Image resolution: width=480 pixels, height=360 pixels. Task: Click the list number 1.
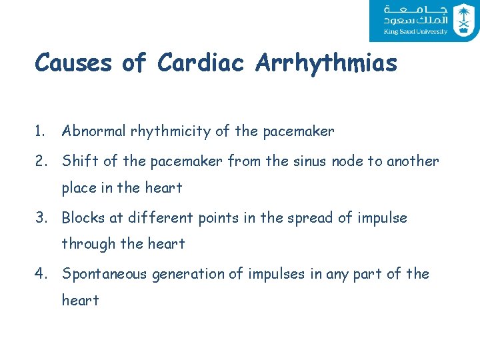tap(41, 132)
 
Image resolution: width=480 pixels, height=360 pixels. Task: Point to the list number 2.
tap(41, 161)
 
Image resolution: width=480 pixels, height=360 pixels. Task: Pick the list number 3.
tap(41, 218)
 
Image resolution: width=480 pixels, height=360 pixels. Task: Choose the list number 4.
tap(41, 274)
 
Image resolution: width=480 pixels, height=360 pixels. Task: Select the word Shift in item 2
tap(77, 161)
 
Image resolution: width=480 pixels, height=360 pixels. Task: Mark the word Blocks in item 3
tap(82, 218)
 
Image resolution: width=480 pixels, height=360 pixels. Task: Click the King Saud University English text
tap(415, 31)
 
